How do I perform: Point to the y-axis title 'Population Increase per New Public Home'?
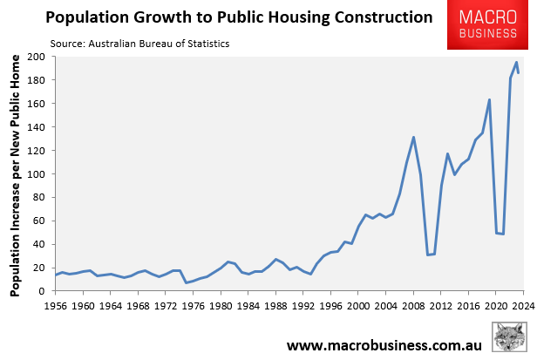pyautogui.click(x=16, y=174)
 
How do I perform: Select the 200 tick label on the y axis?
pyautogui.click(x=37, y=57)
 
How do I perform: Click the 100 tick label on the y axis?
pyautogui.click(x=37, y=174)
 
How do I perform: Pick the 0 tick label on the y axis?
pyautogui.click(x=43, y=291)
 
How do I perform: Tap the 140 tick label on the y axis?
pyautogui.click(x=37, y=127)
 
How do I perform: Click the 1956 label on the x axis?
pyautogui.click(x=56, y=306)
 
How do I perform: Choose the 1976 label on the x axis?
pyautogui.click(x=194, y=306)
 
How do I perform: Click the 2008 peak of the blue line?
pyautogui.click(x=413, y=137)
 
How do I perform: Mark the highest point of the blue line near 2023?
pyautogui.click(x=516, y=62)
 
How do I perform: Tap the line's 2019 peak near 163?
pyautogui.click(x=489, y=99)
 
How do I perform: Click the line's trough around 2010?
pyautogui.click(x=427, y=255)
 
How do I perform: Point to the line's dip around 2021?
pyautogui.click(x=503, y=234)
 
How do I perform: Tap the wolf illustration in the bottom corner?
pyautogui.click(x=510, y=338)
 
